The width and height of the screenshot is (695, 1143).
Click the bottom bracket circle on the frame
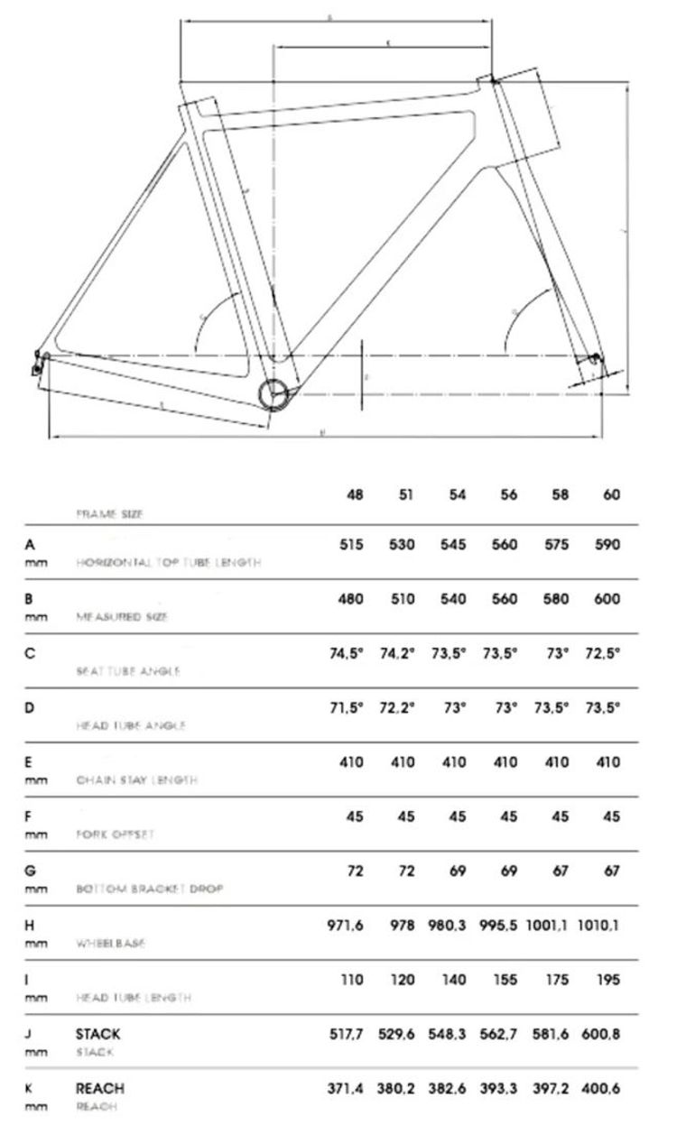273,394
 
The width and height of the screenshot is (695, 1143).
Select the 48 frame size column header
355,495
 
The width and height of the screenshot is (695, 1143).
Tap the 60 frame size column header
612,495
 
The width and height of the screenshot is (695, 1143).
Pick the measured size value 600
607,599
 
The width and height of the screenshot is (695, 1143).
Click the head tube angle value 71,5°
346,707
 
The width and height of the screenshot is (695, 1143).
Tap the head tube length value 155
505,980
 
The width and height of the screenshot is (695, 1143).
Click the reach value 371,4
346,1089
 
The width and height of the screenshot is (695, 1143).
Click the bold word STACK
97,1034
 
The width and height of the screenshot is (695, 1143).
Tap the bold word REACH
99,1089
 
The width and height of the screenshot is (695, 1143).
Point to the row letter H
30,926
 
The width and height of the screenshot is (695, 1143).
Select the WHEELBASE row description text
111,944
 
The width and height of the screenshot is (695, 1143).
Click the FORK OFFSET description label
115,834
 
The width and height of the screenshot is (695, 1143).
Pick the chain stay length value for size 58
557,762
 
